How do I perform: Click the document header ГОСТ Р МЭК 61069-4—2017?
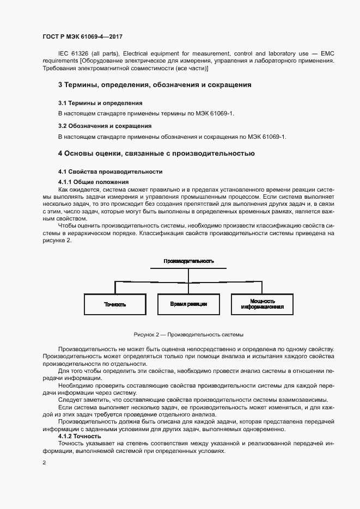(82, 36)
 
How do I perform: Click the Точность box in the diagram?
(115, 304)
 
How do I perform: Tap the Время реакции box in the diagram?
(188, 304)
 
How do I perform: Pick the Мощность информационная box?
(262, 304)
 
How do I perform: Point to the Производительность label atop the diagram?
(188, 261)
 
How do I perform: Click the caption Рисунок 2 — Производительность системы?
(188, 334)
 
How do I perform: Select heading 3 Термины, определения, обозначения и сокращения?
(155, 85)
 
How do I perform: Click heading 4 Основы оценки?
(156, 153)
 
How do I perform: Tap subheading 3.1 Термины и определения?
(100, 102)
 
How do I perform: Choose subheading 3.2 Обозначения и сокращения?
(105, 126)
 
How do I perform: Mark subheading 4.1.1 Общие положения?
(93, 181)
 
